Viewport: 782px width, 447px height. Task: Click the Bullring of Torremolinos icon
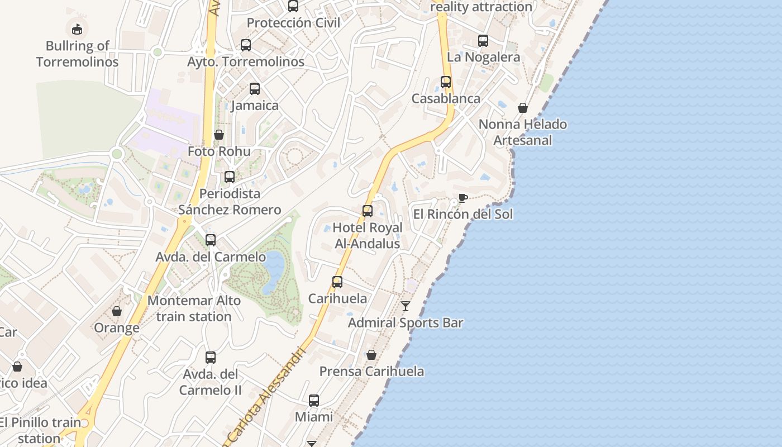coord(77,28)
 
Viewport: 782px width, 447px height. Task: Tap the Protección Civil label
coord(293,23)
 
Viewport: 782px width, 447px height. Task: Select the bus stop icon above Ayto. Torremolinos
coord(246,45)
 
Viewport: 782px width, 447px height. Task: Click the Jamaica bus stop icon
coord(255,89)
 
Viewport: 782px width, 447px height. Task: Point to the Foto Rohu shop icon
coord(219,135)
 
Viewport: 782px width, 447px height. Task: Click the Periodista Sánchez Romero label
coord(230,202)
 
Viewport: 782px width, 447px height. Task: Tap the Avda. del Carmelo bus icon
coord(211,240)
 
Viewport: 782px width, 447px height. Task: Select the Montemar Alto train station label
coord(194,308)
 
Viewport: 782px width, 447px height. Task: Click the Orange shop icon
coord(117,311)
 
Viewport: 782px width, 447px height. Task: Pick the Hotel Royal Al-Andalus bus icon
coord(368,211)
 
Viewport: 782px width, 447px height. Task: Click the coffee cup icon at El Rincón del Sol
coord(462,198)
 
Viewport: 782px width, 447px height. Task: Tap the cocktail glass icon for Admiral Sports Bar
coord(406,306)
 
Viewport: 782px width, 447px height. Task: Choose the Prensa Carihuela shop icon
coord(371,355)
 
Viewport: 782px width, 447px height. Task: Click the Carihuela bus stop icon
coord(337,282)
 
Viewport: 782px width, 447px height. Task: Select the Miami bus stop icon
coord(314,401)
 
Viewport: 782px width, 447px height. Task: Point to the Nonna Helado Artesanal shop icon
coord(523,108)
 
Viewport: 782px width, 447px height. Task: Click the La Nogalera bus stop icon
coord(483,41)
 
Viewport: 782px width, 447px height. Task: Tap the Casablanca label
coord(446,99)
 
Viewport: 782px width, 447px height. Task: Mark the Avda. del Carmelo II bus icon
coord(211,358)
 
